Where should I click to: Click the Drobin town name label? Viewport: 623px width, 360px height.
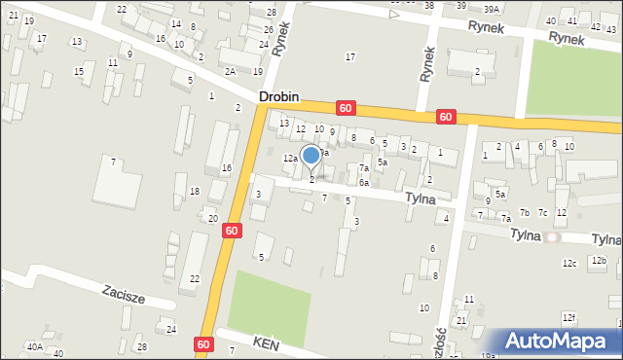(x=278, y=98)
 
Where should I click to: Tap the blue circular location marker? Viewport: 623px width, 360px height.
(x=311, y=155)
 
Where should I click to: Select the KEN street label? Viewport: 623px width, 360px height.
(x=265, y=342)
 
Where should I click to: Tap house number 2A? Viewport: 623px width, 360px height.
(x=230, y=71)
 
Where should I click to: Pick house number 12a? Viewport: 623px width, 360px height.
(x=289, y=158)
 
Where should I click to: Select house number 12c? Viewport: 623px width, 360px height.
(x=569, y=263)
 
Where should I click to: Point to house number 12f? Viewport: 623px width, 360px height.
(x=568, y=317)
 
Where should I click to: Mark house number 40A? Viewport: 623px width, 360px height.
(x=34, y=346)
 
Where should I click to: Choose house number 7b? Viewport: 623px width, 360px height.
(x=525, y=212)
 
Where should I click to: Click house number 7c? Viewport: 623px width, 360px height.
(x=543, y=212)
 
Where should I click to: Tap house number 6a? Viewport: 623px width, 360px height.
(x=363, y=182)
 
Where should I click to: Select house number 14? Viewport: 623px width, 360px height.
(x=175, y=23)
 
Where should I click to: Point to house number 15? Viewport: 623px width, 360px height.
(x=78, y=72)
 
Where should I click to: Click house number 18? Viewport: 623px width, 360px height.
(x=195, y=191)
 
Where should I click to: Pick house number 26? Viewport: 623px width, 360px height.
(x=266, y=29)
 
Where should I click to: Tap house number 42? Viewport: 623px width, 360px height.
(x=596, y=27)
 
